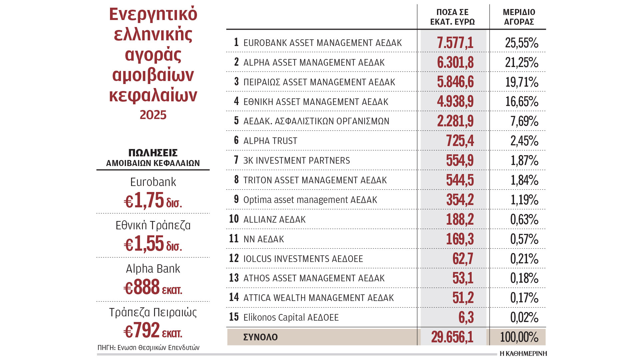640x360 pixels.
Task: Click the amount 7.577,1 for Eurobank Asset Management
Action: (x=455, y=43)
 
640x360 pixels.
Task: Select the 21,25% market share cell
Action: (x=522, y=62)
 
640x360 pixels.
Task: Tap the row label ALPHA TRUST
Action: (x=270, y=141)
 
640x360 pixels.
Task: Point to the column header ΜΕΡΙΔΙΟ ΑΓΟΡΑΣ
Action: (x=519, y=17)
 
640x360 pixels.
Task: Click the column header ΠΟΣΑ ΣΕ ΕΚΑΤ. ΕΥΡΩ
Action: (x=452, y=17)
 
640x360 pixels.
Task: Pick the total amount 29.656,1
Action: (x=452, y=337)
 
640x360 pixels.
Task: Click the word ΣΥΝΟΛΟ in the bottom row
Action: (x=260, y=337)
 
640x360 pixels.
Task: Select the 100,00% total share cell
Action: (x=519, y=337)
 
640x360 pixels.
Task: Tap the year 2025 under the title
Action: (x=153, y=115)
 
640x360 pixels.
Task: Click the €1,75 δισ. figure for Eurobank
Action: (x=153, y=200)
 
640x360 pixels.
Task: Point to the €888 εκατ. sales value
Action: (x=153, y=287)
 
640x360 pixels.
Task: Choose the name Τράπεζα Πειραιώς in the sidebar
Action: (x=153, y=312)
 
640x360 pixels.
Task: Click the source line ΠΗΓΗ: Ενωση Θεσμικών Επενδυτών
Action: (x=148, y=348)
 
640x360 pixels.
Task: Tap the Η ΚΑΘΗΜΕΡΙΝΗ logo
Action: (x=523, y=354)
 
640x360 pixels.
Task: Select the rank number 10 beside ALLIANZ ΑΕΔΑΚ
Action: (x=234, y=219)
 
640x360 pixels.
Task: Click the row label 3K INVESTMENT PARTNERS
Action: (x=296, y=160)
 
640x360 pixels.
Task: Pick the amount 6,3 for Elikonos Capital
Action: (x=466, y=317)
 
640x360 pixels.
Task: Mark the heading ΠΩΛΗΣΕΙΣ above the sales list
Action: (x=153, y=153)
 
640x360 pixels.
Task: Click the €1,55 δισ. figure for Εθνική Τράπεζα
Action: (x=153, y=244)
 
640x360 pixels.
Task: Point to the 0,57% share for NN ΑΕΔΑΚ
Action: (x=524, y=239)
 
